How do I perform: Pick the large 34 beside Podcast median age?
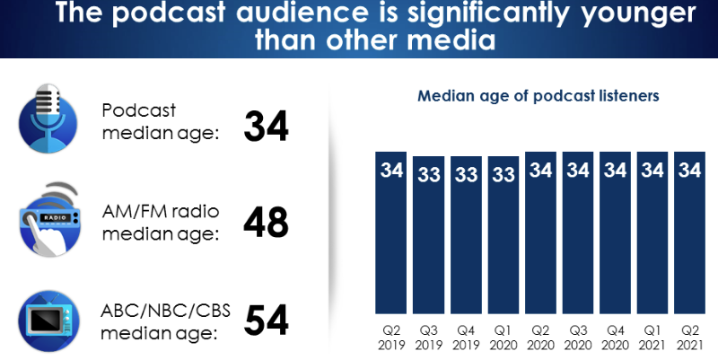tap(266, 127)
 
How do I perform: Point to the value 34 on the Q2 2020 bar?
tap(540, 169)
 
